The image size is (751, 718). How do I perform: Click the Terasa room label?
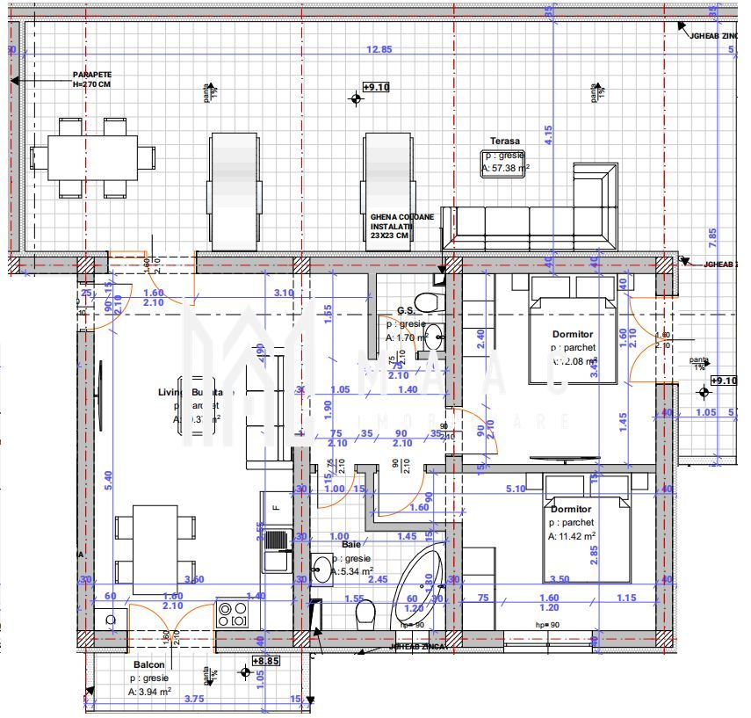click(505, 141)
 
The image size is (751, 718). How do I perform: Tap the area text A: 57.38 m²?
click(505, 168)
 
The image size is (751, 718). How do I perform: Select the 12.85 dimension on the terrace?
click(379, 49)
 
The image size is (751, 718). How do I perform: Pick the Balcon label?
click(146, 666)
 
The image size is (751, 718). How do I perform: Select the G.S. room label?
click(405, 310)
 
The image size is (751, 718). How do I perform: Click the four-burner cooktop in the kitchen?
click(233, 613)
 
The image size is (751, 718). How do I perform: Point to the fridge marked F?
click(276, 507)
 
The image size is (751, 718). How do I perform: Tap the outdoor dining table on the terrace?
click(92, 157)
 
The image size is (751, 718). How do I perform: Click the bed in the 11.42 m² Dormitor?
click(586, 528)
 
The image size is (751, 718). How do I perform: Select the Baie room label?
click(351, 545)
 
